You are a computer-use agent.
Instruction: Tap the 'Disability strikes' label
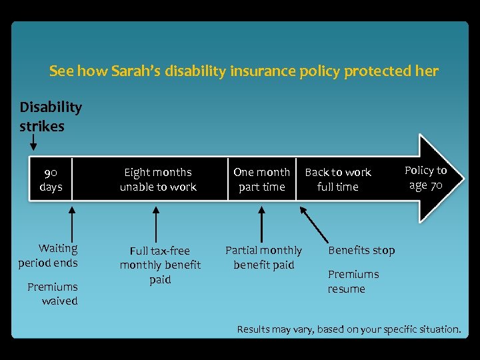click(51, 117)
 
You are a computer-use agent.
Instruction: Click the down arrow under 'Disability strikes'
click(33, 141)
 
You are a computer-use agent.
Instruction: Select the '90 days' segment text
click(51, 179)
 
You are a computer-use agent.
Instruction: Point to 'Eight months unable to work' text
click(158, 179)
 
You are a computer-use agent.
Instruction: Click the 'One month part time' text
click(261, 179)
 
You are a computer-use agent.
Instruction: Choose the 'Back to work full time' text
click(337, 179)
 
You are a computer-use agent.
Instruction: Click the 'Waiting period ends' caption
click(48, 255)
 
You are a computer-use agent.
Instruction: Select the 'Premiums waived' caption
click(52, 294)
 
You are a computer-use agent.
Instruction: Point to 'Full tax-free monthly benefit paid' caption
click(160, 265)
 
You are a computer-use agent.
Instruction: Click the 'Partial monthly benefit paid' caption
click(263, 257)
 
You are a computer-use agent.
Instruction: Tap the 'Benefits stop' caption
click(361, 250)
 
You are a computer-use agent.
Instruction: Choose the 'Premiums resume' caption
click(353, 281)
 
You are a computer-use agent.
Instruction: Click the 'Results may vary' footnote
click(349, 329)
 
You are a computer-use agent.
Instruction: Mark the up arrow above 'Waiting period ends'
click(72, 223)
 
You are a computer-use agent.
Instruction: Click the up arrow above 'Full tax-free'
click(156, 223)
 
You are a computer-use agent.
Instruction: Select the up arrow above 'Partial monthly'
click(261, 223)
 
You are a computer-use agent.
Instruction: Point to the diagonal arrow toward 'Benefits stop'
click(314, 224)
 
